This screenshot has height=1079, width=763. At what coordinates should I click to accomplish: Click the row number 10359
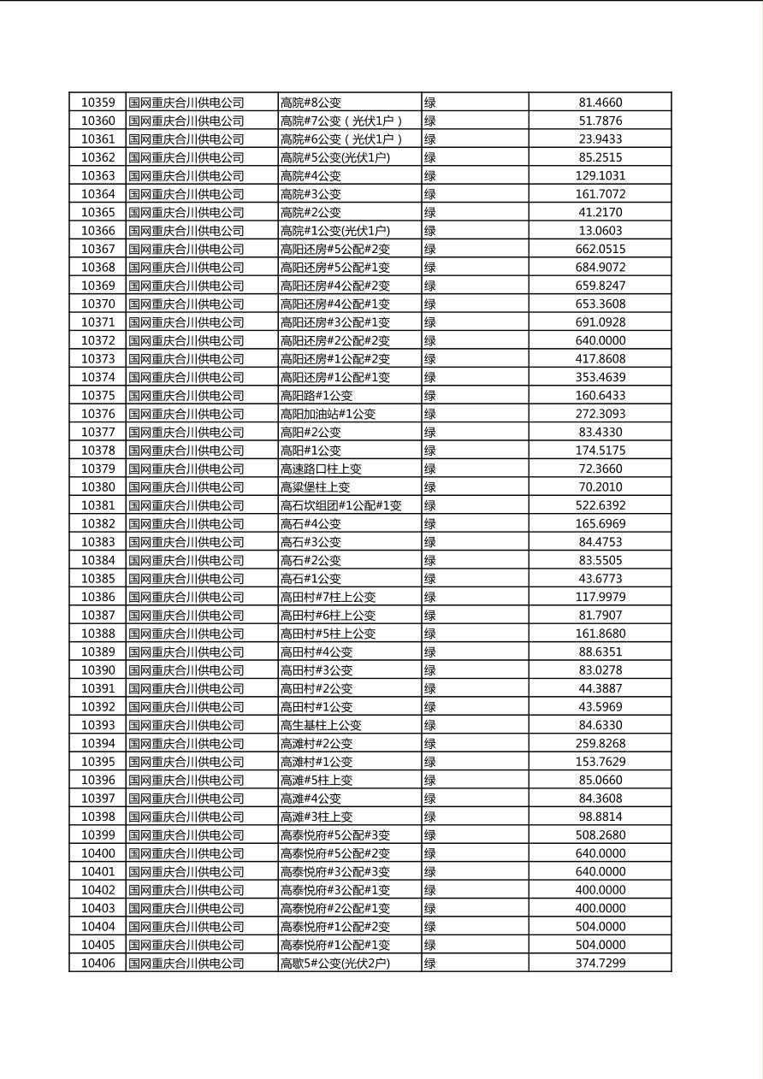pyautogui.click(x=98, y=103)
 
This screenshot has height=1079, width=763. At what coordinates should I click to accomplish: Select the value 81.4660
pyautogui.click(x=600, y=103)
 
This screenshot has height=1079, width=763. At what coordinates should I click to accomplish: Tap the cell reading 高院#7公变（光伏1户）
pyautogui.click(x=341, y=121)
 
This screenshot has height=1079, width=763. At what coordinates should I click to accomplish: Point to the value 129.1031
pyautogui.click(x=600, y=176)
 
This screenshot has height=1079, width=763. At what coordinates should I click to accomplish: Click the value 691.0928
pyautogui.click(x=600, y=322)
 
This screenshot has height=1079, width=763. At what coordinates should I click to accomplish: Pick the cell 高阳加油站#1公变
pyautogui.click(x=328, y=414)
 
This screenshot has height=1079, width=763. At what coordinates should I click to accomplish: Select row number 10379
pyautogui.click(x=98, y=469)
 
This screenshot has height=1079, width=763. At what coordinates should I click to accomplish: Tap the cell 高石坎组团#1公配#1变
pyautogui.click(x=340, y=505)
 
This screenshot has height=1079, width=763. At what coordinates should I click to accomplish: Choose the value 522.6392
pyautogui.click(x=600, y=505)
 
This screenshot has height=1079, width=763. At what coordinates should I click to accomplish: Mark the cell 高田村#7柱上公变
pyautogui.click(x=328, y=597)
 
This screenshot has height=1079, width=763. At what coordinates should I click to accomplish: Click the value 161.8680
pyautogui.click(x=600, y=634)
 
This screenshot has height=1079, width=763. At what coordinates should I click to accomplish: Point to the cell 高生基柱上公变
pyautogui.click(x=321, y=725)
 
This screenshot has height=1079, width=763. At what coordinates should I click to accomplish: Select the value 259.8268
pyautogui.click(x=600, y=744)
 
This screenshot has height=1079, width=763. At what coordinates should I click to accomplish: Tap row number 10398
pyautogui.click(x=98, y=817)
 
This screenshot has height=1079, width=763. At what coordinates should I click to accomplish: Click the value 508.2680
pyautogui.click(x=600, y=835)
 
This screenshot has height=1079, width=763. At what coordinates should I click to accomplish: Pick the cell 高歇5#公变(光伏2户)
pyautogui.click(x=334, y=964)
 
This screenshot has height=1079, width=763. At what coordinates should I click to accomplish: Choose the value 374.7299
pyautogui.click(x=600, y=964)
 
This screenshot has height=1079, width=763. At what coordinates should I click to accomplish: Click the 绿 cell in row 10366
pyautogui.click(x=430, y=231)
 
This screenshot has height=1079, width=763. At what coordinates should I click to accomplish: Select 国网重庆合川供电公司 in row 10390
pyautogui.click(x=186, y=670)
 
